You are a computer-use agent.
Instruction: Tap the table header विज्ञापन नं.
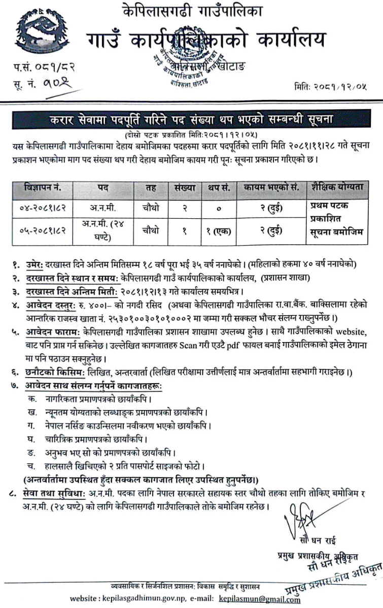click(x=43, y=187)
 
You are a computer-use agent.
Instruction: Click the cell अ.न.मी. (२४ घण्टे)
click(x=103, y=230)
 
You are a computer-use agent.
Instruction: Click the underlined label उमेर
click(x=37, y=263)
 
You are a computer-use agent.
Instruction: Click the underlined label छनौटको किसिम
click(x=55, y=373)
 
